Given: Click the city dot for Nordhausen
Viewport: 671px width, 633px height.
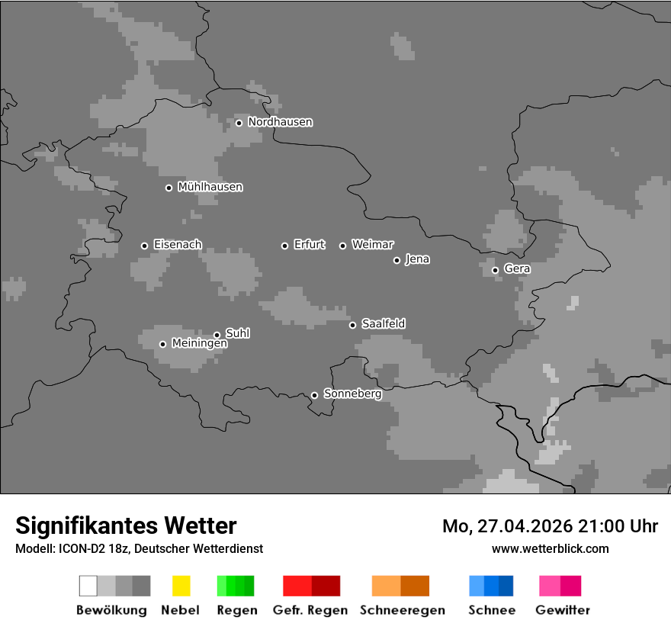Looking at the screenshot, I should [239, 123].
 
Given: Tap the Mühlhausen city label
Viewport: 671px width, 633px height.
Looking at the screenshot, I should [210, 187].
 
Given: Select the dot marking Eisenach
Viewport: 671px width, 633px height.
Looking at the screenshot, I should [144, 246].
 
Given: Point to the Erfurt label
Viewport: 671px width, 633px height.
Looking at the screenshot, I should [309, 245].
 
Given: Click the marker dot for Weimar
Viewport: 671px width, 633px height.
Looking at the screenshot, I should [342, 246].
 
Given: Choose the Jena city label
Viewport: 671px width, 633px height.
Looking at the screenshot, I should [417, 259].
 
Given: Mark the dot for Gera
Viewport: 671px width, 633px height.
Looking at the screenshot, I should [495, 270].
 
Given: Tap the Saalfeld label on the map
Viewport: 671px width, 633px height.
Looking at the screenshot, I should [383, 324].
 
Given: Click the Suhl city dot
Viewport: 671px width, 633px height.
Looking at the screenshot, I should [217, 335].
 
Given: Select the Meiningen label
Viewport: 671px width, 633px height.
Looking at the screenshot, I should [199, 344].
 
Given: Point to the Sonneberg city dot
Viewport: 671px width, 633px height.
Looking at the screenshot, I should [314, 395].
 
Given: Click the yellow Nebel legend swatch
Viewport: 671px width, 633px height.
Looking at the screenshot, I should [181, 586].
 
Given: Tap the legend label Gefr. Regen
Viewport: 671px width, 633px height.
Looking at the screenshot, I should [310, 610].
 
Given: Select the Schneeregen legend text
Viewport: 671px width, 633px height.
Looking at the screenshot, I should [402, 610].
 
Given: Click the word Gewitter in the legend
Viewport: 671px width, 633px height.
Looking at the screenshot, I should [563, 610].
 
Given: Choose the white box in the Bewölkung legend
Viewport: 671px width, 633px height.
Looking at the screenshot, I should [88, 586].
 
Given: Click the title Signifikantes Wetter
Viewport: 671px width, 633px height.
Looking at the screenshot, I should [126, 525].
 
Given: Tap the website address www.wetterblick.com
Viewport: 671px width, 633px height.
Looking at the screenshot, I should [550, 548].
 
